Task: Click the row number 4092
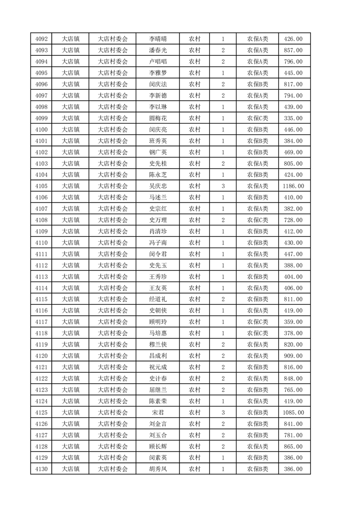tap(41, 39)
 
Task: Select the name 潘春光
tap(158, 50)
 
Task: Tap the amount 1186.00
tap(293, 186)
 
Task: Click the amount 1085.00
tap(293, 413)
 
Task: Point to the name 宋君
tap(158, 413)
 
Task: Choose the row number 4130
tap(41, 469)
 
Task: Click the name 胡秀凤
tap(158, 469)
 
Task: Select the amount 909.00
tap(293, 356)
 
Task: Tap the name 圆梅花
tap(158, 118)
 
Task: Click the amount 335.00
tap(293, 118)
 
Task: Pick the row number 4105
tap(41, 186)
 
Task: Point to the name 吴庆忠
tap(158, 186)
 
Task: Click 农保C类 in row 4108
tap(257, 220)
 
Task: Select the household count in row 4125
tap(223, 413)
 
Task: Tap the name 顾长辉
tap(158, 446)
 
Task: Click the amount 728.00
tap(293, 220)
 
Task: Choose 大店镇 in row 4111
tap(71, 254)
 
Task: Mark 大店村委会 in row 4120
tap(113, 356)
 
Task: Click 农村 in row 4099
tap(195, 118)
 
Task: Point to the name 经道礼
tap(158, 299)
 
